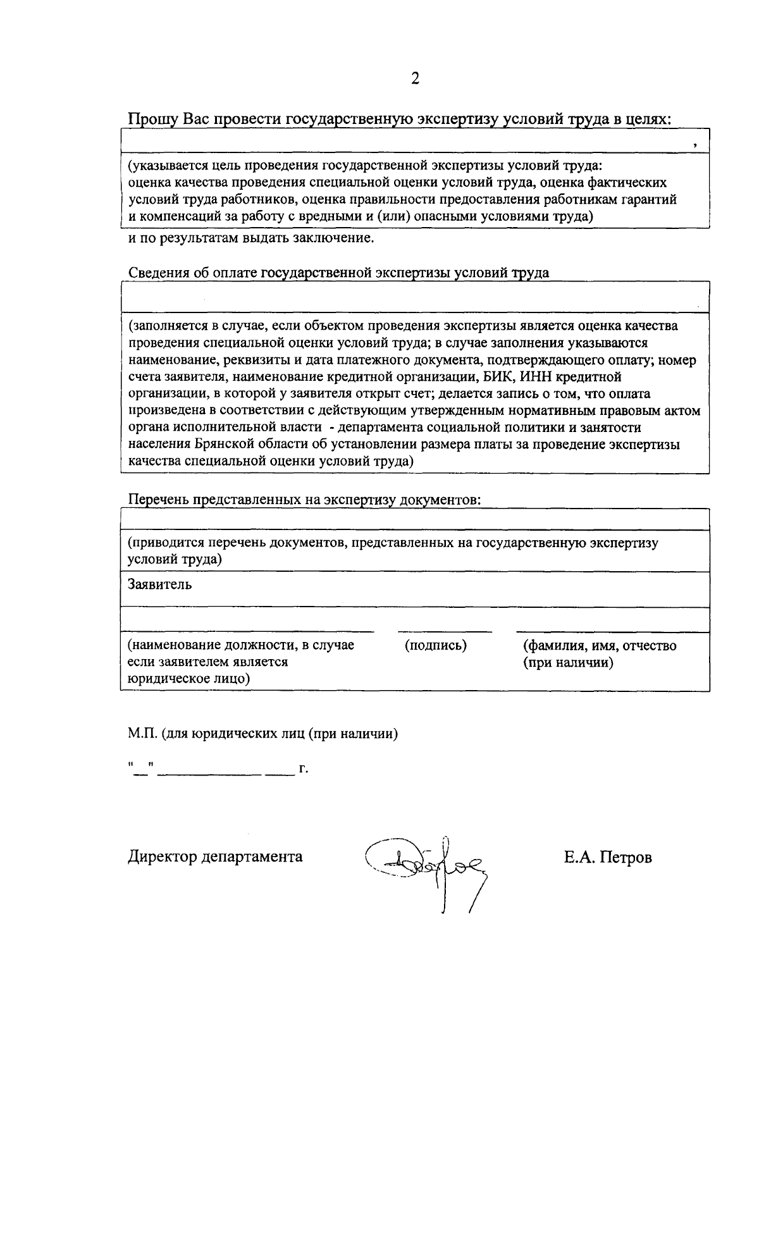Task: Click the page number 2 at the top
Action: click(415, 78)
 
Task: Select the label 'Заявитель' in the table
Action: click(159, 584)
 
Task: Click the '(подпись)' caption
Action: click(435, 646)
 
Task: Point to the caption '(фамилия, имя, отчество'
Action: click(599, 646)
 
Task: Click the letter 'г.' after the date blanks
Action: click(304, 770)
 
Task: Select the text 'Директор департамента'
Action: click(215, 857)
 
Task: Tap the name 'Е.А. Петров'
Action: click(608, 858)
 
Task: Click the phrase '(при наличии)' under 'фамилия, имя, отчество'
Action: click(567, 663)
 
